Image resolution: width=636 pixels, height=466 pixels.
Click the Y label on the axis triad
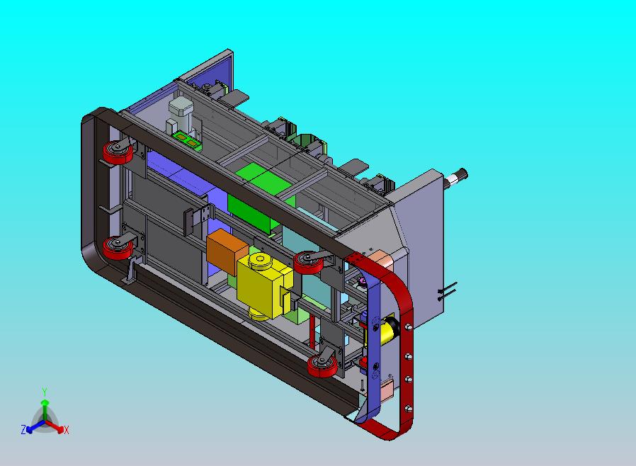tap(45, 392)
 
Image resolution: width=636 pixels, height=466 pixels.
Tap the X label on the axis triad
tap(67, 431)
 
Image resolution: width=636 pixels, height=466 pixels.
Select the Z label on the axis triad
tap(23, 430)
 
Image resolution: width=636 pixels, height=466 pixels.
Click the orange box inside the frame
tap(227, 250)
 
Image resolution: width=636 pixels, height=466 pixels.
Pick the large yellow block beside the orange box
tap(264, 285)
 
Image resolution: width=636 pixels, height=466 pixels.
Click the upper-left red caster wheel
tap(118, 152)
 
